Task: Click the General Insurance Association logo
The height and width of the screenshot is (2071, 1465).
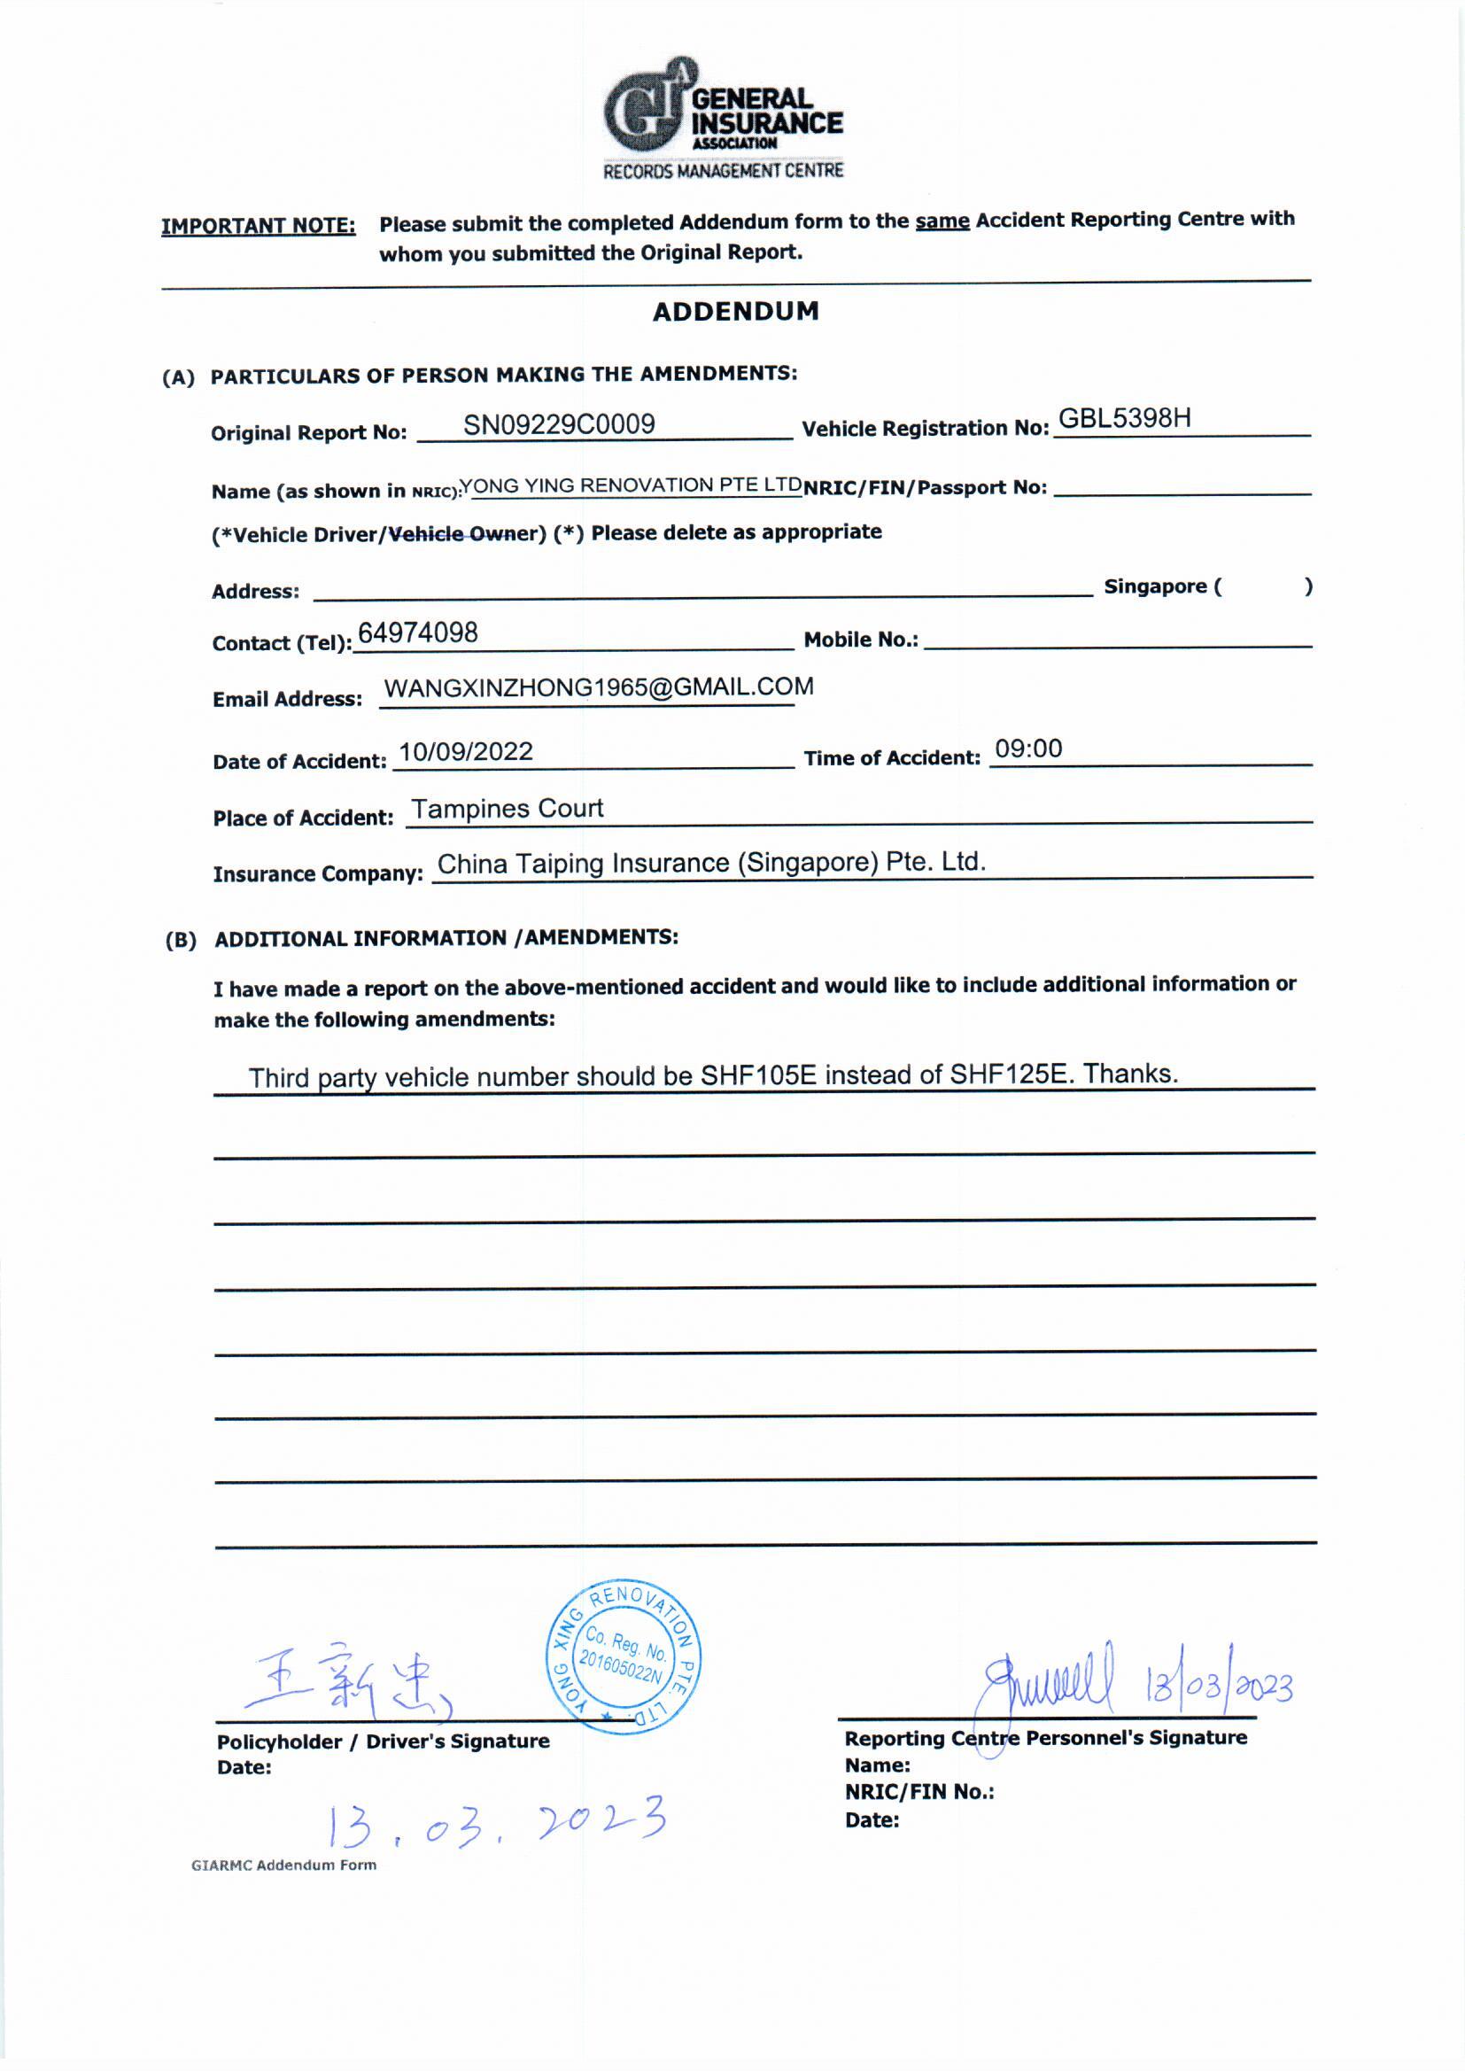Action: click(722, 117)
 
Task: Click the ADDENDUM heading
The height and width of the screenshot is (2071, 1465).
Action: click(735, 312)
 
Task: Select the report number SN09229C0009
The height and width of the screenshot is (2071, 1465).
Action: click(558, 424)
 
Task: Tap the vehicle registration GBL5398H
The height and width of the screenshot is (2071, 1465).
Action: click(1124, 417)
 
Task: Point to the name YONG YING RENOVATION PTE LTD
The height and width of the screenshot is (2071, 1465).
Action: click(631, 485)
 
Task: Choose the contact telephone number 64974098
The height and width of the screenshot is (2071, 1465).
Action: click(418, 633)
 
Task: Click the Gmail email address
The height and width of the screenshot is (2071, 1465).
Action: click(598, 687)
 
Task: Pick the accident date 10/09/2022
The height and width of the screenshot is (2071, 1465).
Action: click(466, 752)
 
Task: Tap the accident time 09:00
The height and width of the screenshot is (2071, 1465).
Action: click(1028, 749)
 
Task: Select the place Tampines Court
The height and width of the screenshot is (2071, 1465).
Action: click(507, 809)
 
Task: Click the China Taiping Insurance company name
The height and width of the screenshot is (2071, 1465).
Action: click(711, 864)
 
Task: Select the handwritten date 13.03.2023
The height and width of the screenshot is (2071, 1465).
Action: click(496, 1822)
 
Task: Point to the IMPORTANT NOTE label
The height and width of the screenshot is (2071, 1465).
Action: click(258, 226)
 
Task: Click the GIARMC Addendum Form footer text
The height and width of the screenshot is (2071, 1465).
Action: click(283, 1865)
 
